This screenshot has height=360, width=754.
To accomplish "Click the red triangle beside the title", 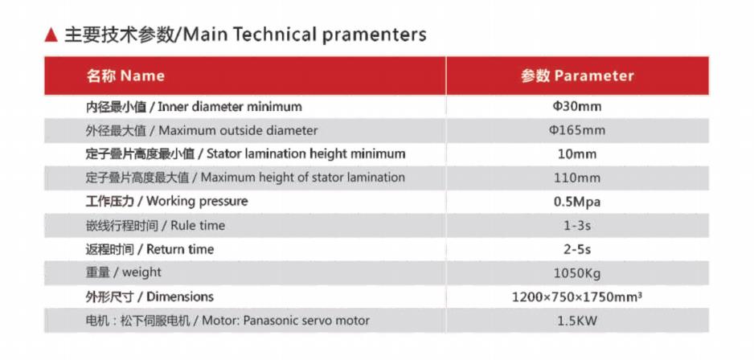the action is (51, 35).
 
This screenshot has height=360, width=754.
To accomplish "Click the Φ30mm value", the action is (577, 106).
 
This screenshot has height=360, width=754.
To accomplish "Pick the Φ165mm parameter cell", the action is (577, 130).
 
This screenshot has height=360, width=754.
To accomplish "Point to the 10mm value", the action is (577, 154).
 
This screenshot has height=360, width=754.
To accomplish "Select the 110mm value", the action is (577, 178).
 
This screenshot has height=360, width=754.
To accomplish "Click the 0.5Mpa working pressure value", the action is (577, 202).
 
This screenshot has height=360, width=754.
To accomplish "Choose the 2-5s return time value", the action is (577, 249).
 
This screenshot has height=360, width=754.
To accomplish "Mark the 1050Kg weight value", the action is (577, 273).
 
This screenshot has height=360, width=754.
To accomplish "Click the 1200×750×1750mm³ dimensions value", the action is (577, 297).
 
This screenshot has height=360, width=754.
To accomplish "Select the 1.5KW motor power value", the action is (577, 321).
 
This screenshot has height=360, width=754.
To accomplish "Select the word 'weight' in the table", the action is (141, 273).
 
